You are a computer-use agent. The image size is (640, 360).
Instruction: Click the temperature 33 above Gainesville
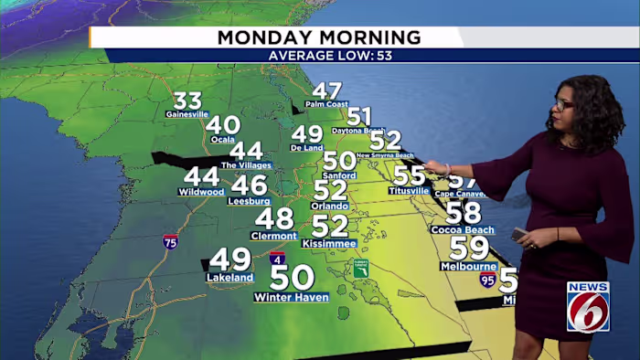pyautogui.click(x=187, y=101)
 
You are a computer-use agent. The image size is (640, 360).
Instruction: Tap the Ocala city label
pyautogui.click(x=223, y=140)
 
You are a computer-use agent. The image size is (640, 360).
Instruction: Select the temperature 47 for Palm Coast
pyautogui.click(x=326, y=90)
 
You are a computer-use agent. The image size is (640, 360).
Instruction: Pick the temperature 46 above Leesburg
pyautogui.click(x=249, y=185)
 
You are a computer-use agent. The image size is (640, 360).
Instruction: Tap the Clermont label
pyautogui.click(x=273, y=236)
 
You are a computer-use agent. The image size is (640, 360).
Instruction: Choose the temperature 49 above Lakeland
pyautogui.click(x=229, y=260)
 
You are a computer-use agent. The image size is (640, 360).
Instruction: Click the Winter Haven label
pyautogui.click(x=292, y=297)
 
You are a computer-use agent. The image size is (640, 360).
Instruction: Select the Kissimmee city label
pyautogui.click(x=329, y=245)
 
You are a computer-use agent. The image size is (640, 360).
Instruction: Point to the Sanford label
pyautogui.click(x=339, y=175)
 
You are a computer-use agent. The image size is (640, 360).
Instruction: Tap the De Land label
pyautogui.click(x=307, y=147)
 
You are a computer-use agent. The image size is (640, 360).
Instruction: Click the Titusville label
pyautogui.click(x=409, y=191)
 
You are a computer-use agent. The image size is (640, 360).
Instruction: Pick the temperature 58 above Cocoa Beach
pyautogui.click(x=464, y=213)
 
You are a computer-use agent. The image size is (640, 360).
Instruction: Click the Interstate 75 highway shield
pyautogui.click(x=170, y=242)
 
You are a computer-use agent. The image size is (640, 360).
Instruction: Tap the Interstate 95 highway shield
pyautogui.click(x=488, y=279)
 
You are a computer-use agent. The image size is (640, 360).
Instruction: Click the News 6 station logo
pyautogui.click(x=588, y=306)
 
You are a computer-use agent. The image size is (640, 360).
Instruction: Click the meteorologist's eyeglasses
pyautogui.click(x=562, y=105)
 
